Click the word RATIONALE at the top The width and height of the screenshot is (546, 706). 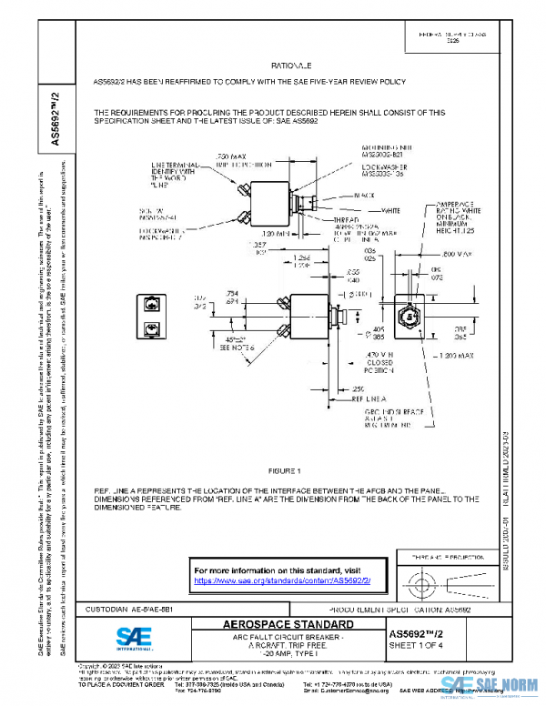[291, 66]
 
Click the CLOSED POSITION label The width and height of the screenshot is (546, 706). [379, 368]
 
